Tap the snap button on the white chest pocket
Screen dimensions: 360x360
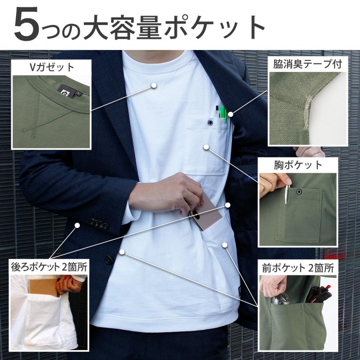point(210,122)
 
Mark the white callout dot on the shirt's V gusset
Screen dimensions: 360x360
point(154,85)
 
